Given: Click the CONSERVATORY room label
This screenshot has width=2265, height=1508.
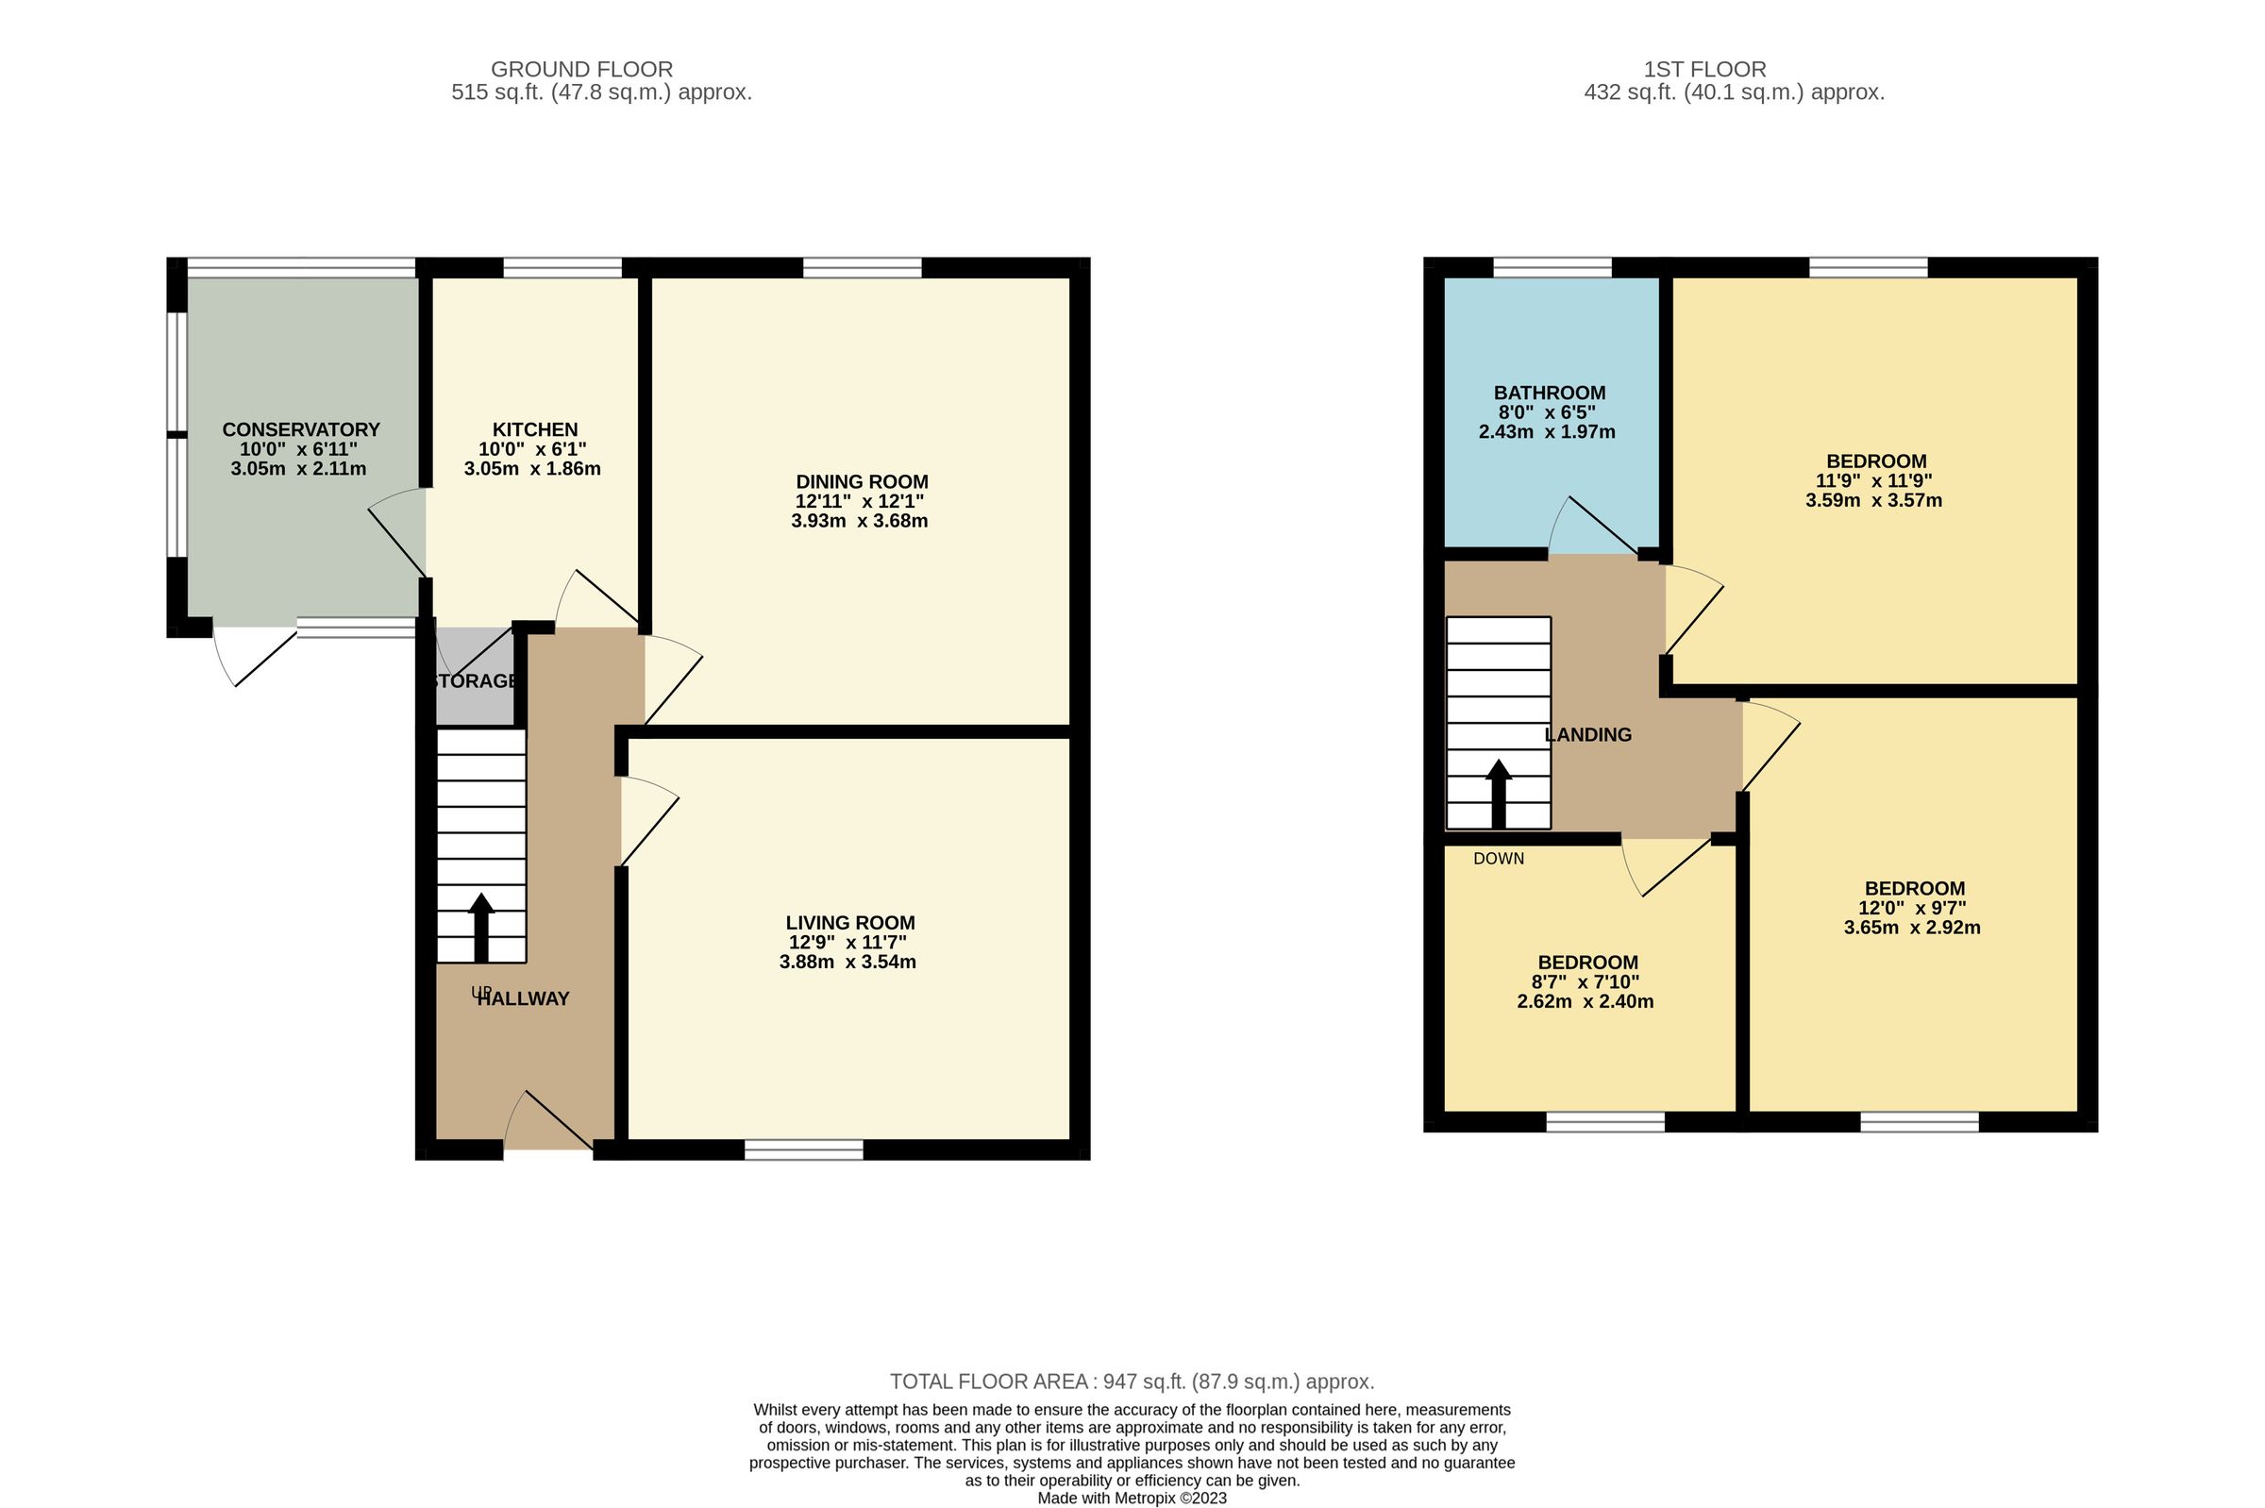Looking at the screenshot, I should [x=301, y=430].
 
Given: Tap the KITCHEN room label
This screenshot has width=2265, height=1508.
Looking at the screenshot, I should [x=535, y=430].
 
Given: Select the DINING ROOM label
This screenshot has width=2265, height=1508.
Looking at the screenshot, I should [x=862, y=482].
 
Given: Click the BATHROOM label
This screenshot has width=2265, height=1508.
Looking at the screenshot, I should [x=1550, y=393].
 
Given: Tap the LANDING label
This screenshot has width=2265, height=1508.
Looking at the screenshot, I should [x=1588, y=735].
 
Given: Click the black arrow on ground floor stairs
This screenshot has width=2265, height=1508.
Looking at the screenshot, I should [x=481, y=927].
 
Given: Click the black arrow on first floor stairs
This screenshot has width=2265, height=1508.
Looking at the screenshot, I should [x=1499, y=794].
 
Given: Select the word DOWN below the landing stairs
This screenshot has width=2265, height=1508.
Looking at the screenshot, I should [x=1499, y=859].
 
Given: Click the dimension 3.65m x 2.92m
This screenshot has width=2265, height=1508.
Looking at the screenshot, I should [x=1912, y=928].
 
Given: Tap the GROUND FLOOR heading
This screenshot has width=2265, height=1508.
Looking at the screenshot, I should [x=582, y=69].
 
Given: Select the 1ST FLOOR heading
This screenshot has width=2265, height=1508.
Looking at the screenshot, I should [x=1704, y=69].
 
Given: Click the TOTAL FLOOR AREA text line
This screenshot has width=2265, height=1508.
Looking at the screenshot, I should [x=1132, y=1382].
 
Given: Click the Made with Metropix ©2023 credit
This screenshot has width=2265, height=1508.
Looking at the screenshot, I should [x=1132, y=1499].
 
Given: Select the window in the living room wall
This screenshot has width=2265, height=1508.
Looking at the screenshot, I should [x=804, y=1149].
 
